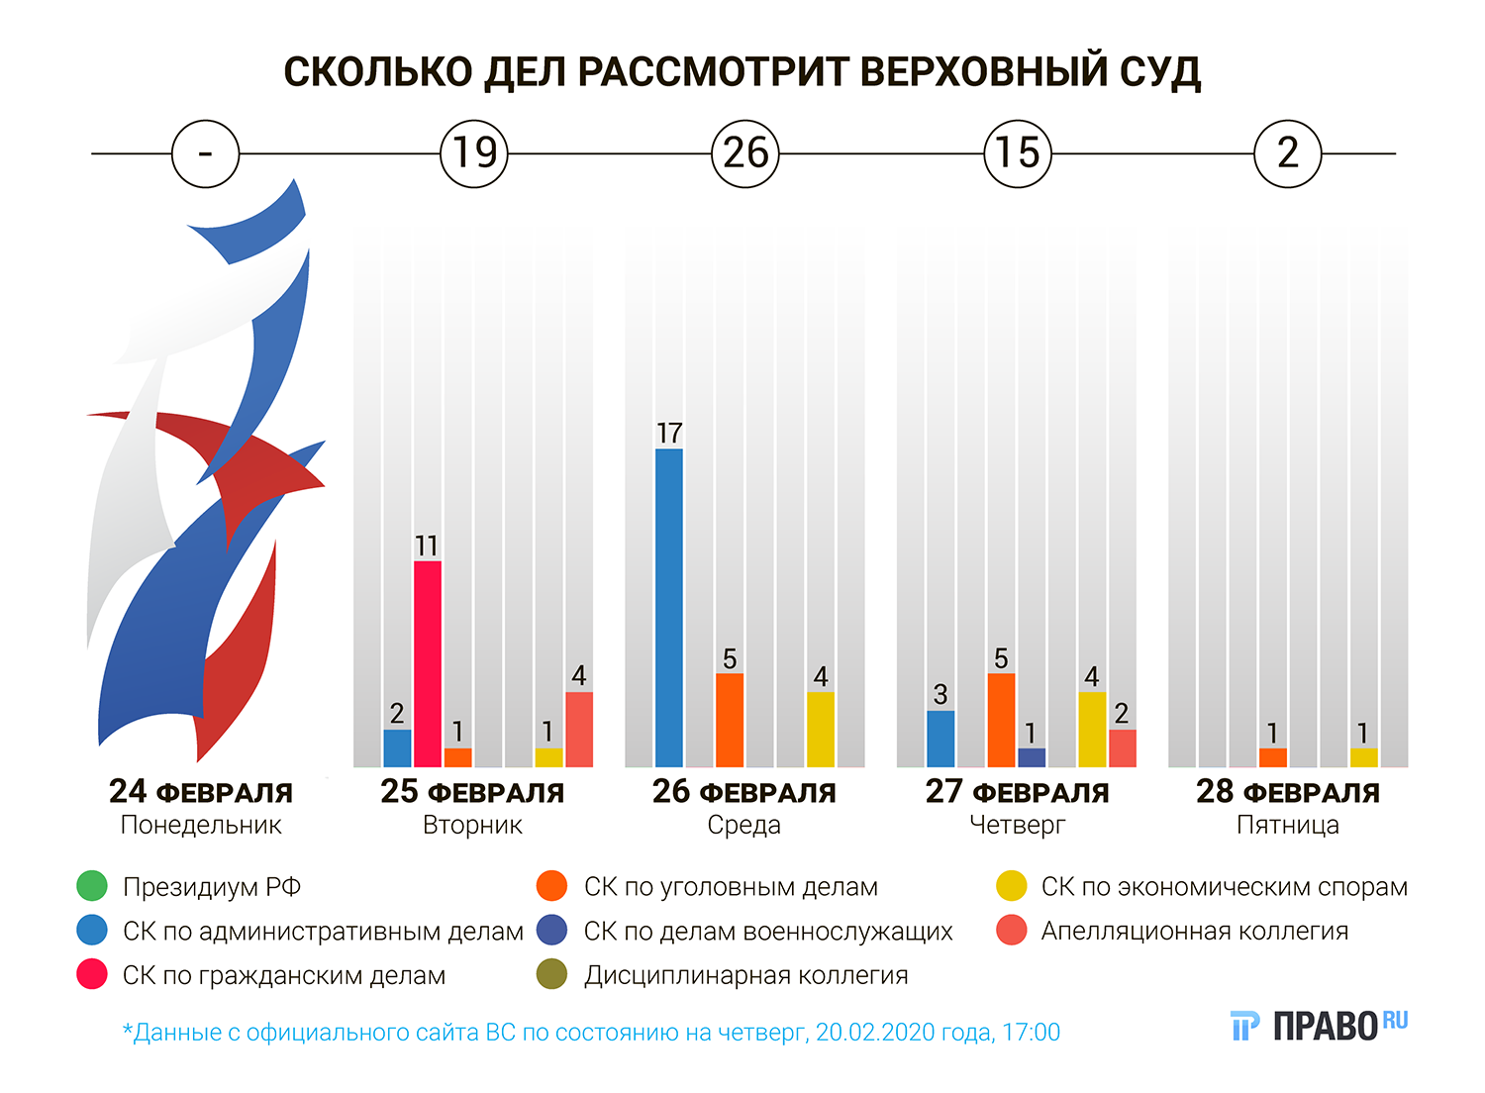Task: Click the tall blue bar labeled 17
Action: (x=669, y=608)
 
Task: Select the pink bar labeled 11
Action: (x=427, y=663)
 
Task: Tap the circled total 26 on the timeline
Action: (x=745, y=153)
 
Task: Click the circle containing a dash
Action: (x=205, y=153)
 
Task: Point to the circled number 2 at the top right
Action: (x=1287, y=153)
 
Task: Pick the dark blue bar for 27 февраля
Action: (x=1031, y=757)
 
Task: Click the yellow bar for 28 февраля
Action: (x=1363, y=757)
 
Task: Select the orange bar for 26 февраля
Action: (x=730, y=720)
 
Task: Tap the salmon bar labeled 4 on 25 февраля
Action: (x=579, y=730)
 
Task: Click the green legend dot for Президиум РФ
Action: (x=92, y=886)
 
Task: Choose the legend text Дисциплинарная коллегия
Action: (x=745, y=975)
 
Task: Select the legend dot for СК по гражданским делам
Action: (x=92, y=975)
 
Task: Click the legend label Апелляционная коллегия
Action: (x=1194, y=931)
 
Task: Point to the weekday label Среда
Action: (x=743, y=825)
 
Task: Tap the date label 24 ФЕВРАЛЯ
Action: (x=201, y=792)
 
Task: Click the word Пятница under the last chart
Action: (x=1287, y=825)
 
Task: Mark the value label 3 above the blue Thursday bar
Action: (x=940, y=694)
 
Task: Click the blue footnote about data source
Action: (x=591, y=1033)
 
